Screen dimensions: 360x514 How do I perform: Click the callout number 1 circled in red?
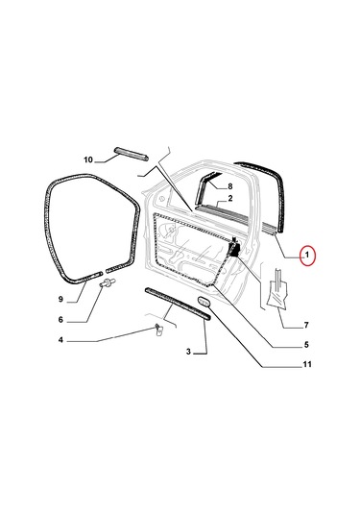[307, 255]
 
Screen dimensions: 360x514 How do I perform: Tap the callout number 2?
[230, 198]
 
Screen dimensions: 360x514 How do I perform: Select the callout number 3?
[188, 352]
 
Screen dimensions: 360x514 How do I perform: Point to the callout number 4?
[60, 340]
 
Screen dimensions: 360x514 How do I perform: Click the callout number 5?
[306, 345]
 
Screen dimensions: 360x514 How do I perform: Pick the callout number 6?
[60, 319]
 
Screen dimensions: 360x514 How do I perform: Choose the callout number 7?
[306, 325]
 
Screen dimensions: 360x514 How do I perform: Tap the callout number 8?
[230, 186]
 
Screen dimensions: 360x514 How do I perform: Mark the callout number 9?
[60, 299]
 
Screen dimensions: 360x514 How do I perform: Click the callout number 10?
[88, 159]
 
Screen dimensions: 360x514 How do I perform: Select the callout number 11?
[307, 364]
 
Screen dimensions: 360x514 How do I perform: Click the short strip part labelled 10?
[131, 154]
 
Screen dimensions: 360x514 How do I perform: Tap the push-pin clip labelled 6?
[108, 282]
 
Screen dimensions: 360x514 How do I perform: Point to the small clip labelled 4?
[158, 330]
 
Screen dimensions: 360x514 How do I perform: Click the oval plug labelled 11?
[204, 302]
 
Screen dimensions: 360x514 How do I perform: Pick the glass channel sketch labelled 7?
[277, 288]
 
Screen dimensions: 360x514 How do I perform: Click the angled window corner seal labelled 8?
[205, 187]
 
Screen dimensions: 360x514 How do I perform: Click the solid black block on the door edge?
[234, 250]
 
